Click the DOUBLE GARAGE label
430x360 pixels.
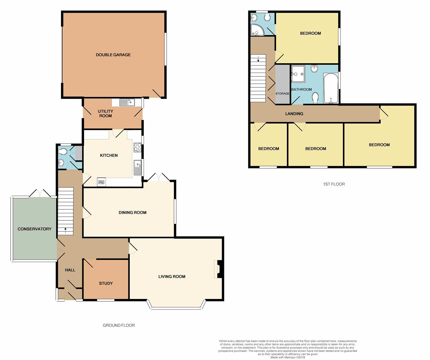point(113,55)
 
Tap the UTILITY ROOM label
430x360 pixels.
point(105,113)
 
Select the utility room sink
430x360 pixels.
point(127,102)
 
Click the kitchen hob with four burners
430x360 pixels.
point(137,147)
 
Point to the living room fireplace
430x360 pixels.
point(218,269)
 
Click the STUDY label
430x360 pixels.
point(106,283)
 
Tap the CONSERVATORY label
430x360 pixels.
point(34,229)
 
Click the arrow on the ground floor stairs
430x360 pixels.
point(65,230)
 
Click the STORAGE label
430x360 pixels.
point(282,94)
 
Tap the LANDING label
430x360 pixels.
point(294,114)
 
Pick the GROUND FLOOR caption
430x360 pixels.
point(119,325)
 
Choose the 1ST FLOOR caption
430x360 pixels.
point(334,184)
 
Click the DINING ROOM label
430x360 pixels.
point(132,213)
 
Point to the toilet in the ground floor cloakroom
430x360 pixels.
point(63,152)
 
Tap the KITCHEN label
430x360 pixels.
point(109,155)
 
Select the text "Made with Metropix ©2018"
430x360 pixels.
point(288,357)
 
